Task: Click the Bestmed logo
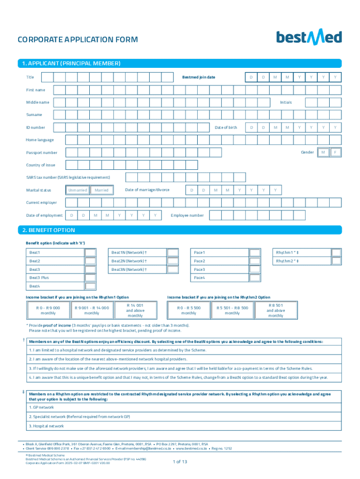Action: pos(309,37)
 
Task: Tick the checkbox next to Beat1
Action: pos(90,253)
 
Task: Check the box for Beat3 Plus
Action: pos(90,278)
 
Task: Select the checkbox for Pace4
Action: pos(255,278)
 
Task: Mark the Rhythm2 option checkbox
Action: pos(336,261)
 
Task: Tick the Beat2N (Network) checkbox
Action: pos(173,261)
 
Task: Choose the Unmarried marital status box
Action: pos(77,190)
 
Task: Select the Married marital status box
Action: pos(101,190)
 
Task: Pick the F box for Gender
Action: pos(335,152)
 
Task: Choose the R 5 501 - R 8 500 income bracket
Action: pos(232,311)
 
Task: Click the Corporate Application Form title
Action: pos(78,40)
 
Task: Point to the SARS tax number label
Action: pos(68,177)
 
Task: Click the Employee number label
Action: pos(187,215)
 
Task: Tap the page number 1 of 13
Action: pos(180,462)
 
